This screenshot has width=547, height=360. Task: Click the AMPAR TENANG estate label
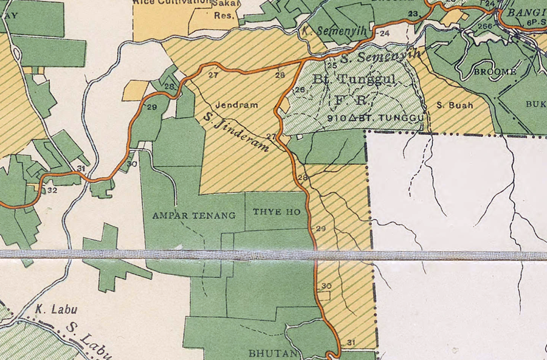pos(194,215)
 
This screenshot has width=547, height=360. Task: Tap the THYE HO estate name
pos(277,212)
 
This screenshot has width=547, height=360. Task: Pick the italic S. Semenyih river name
pos(380,57)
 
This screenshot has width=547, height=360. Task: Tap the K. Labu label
pos(50,308)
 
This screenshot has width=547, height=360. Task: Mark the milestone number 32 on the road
pos(52,190)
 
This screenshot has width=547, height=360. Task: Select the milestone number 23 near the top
pos(414,13)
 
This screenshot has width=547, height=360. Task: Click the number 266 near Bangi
pos(484,26)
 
